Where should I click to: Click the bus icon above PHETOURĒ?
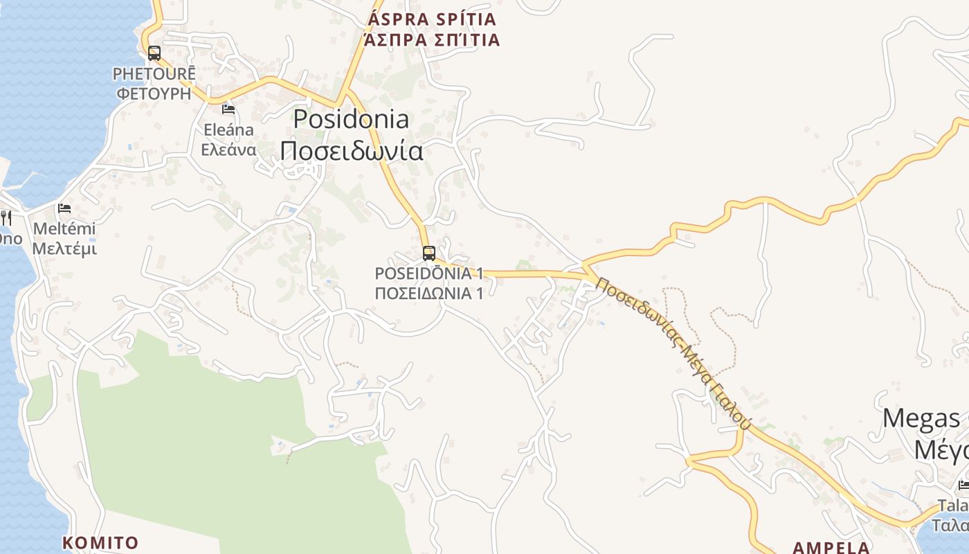[x=154, y=53]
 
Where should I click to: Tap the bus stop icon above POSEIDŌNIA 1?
[x=429, y=253]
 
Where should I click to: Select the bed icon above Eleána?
[x=228, y=109]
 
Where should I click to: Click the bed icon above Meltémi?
[x=64, y=207]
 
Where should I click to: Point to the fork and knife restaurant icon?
[x=6, y=217]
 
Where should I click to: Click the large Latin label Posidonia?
[x=351, y=119]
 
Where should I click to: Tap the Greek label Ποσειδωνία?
[x=351, y=150]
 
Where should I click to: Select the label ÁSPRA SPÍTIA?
[x=432, y=19]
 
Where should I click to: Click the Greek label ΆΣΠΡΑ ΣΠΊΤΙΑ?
[x=432, y=39]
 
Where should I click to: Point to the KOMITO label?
[x=100, y=542]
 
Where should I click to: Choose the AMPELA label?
[x=831, y=548]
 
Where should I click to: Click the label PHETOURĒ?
[x=154, y=73]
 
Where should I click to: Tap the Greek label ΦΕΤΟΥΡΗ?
[x=154, y=93]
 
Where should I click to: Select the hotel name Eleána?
[x=228, y=129]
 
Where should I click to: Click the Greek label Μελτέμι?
[x=64, y=249]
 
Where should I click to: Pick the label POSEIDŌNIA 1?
[x=428, y=274]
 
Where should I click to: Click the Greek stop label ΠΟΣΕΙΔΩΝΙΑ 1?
[x=428, y=293]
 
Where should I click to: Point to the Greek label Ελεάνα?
[x=228, y=150]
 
